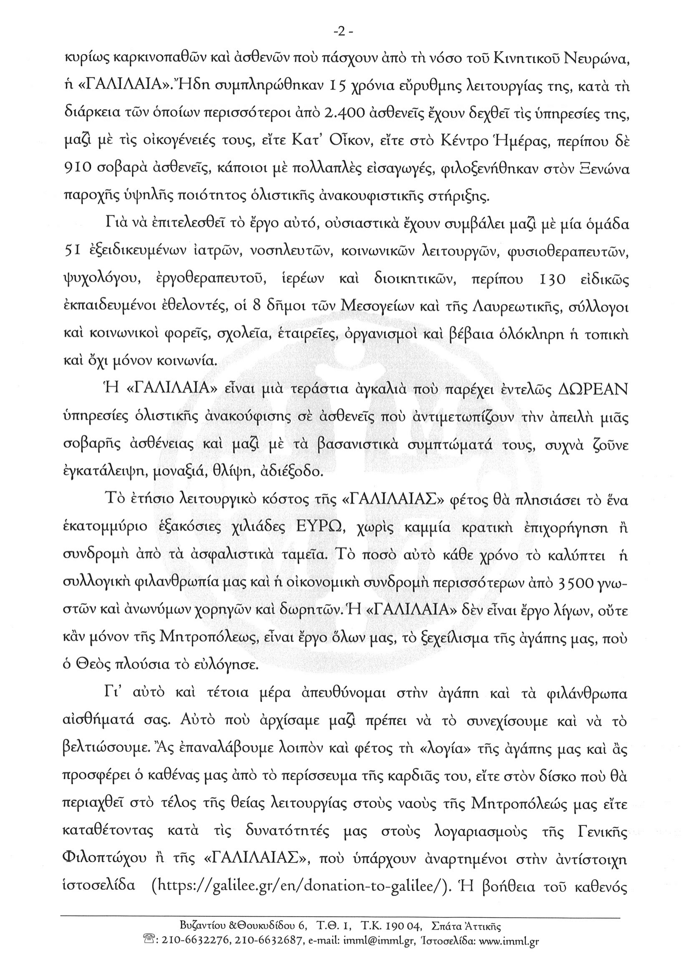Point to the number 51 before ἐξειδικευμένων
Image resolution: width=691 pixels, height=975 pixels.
coord(70,253)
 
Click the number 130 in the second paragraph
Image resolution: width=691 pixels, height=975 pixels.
coord(551,280)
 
